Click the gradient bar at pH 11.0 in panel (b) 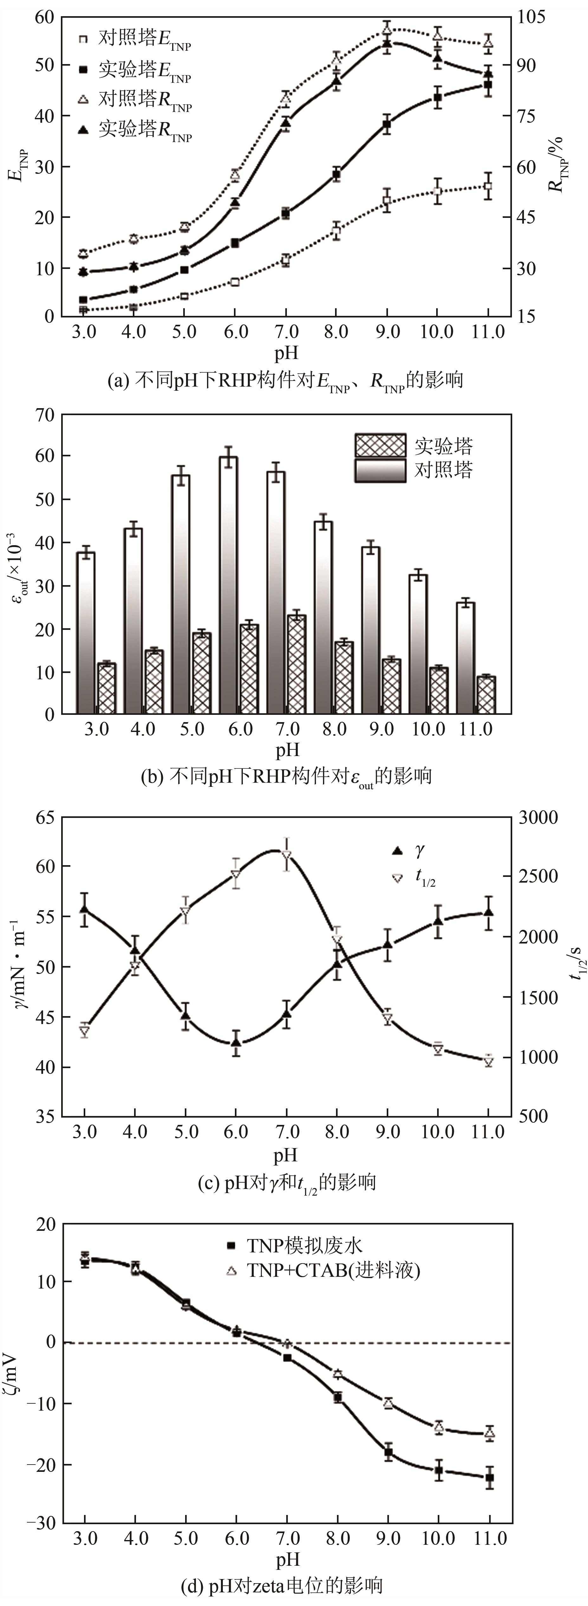(x=465, y=658)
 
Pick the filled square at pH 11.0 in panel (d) (x=490, y=1478)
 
